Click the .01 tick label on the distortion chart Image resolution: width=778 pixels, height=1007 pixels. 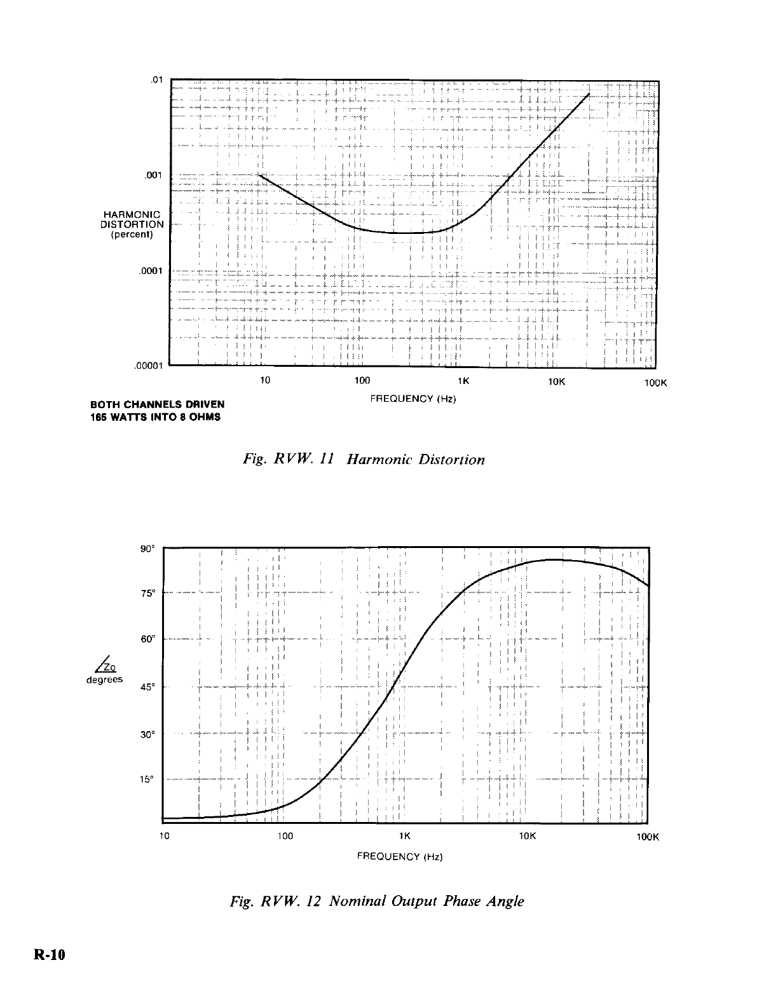[x=156, y=80]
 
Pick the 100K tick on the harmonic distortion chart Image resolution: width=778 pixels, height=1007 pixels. [x=655, y=383]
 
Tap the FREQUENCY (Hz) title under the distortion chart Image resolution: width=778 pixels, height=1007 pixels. [x=413, y=399]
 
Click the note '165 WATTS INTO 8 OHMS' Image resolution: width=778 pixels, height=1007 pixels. [x=156, y=417]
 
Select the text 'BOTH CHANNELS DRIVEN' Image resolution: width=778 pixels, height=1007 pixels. [x=158, y=404]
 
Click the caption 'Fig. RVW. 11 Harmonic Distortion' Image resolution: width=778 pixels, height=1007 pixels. [x=364, y=459]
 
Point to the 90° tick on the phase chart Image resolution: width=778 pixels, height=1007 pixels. [x=147, y=549]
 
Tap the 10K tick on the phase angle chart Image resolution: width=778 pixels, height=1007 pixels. [x=528, y=836]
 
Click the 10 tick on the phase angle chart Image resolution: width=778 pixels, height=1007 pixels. [x=164, y=836]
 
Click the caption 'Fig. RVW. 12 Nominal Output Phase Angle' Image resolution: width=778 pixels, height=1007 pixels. [x=378, y=901]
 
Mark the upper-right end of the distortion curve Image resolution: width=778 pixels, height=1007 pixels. [x=590, y=94]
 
